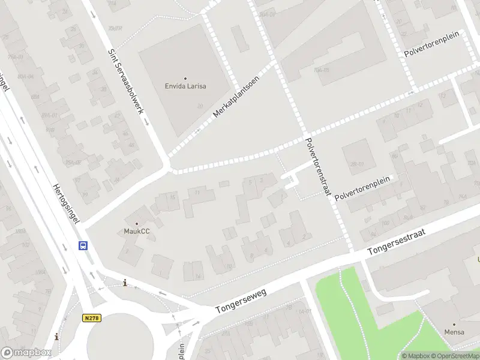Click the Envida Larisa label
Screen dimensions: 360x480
(185, 86)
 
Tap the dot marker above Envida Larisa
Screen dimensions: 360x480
(185, 78)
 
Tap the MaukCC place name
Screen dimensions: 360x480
(136, 231)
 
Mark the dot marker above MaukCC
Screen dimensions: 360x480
(136, 223)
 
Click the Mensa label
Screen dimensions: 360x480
(454, 332)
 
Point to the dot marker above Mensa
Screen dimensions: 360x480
(454, 324)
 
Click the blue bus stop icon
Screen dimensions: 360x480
(83, 245)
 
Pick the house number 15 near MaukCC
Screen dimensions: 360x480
(173, 197)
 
